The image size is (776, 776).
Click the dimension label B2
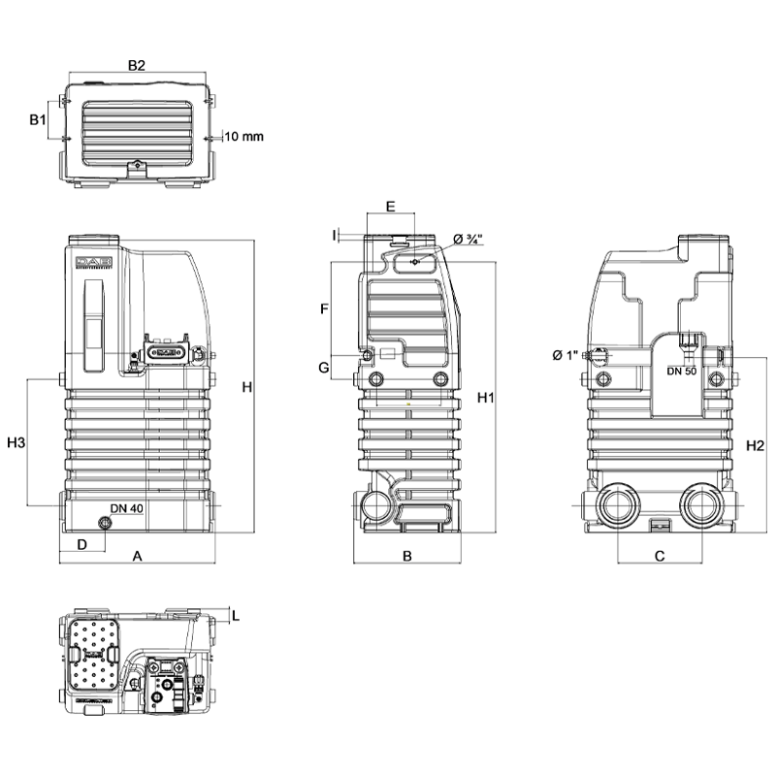[x=137, y=65]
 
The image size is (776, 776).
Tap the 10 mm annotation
[x=243, y=137]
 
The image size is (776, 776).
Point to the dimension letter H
[x=247, y=388]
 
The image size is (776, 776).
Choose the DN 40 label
[x=126, y=508]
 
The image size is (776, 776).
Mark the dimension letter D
[x=82, y=544]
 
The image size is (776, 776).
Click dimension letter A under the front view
[x=138, y=557]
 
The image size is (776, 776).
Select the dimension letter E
[x=390, y=207]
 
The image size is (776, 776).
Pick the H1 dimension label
[x=487, y=398]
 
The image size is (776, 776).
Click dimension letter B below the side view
[x=407, y=557]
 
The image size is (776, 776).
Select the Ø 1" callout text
[x=566, y=355]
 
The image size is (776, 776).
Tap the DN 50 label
[x=684, y=372]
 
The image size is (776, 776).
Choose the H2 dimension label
[x=756, y=446]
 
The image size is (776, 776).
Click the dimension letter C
[x=660, y=557]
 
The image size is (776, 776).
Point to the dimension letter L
[x=236, y=615]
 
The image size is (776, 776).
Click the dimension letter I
[x=334, y=235]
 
